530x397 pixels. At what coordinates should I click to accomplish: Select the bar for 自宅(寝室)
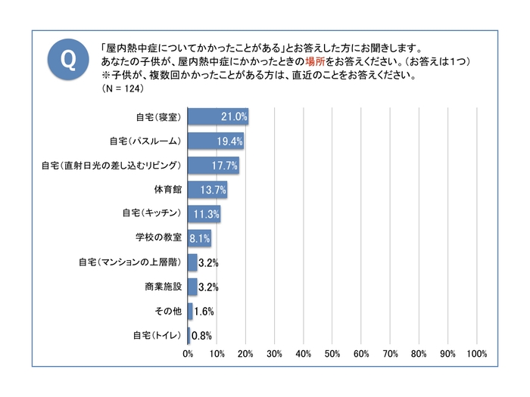pyautogui.click(x=218, y=117)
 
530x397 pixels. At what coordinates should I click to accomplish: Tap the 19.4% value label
pyautogui.click(x=230, y=141)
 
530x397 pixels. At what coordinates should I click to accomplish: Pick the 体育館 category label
pyautogui.click(x=167, y=190)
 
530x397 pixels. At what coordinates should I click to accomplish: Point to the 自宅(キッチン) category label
pyautogui.click(x=151, y=214)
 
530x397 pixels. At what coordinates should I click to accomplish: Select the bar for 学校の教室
pyautogui.click(x=199, y=238)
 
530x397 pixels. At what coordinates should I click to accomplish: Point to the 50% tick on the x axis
pyautogui.click(x=332, y=354)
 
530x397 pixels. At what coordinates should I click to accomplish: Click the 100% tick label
pyautogui.click(x=476, y=354)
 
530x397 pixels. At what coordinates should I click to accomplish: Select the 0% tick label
pyautogui.click(x=188, y=354)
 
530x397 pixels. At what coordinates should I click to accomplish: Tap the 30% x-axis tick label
pyautogui.click(x=275, y=354)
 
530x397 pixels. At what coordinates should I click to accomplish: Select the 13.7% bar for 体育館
pyautogui.click(x=207, y=190)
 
